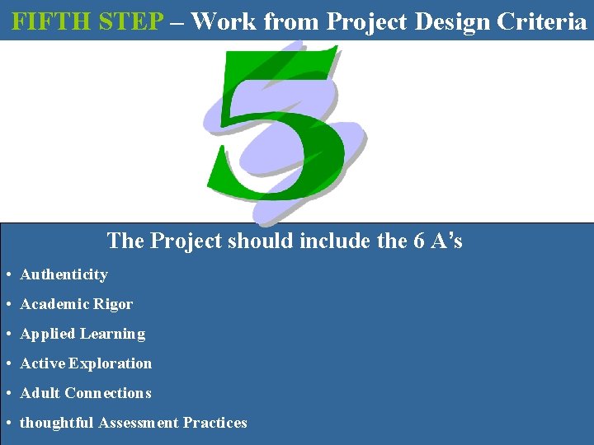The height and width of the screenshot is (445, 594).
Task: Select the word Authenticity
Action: (64, 274)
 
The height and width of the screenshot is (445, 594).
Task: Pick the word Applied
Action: (47, 334)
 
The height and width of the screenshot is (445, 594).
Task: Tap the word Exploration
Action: (111, 363)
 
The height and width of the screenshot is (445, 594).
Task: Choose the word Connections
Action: (108, 393)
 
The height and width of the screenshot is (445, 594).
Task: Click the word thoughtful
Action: (57, 423)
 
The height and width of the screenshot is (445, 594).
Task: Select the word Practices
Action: (215, 423)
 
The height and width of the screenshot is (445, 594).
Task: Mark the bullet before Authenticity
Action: (7, 274)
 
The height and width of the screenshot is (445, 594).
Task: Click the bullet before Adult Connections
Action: (7, 393)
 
